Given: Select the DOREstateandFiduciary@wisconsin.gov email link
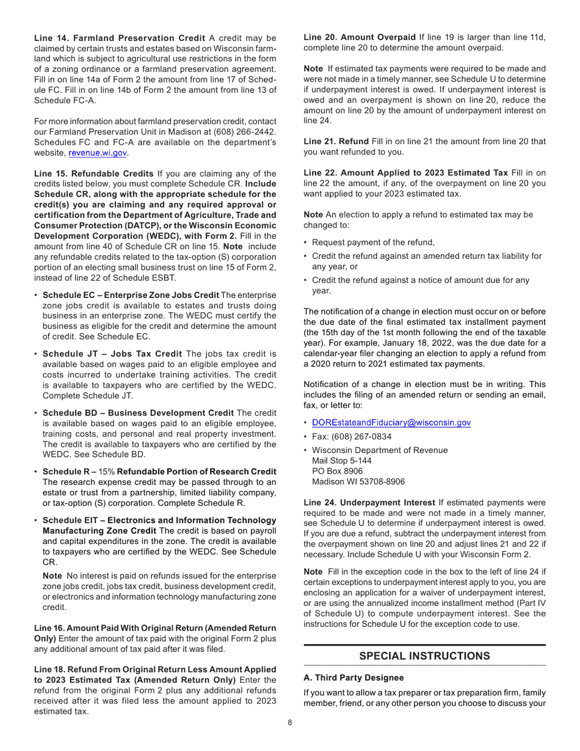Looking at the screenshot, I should point(383,423).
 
